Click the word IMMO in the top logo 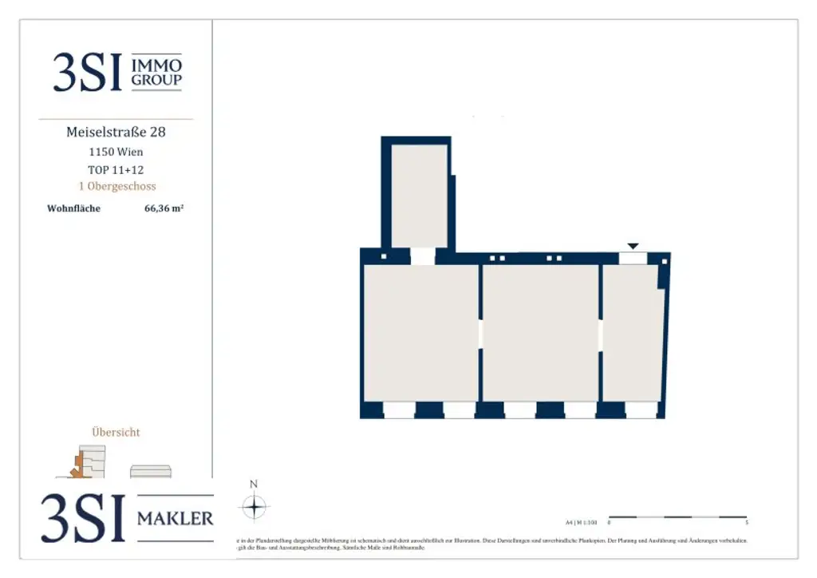156,65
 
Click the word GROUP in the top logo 156,80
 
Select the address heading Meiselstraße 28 116,132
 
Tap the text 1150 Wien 116,152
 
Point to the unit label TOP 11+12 116,169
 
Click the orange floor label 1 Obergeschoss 116,186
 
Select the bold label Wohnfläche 73,209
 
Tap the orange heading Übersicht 116,432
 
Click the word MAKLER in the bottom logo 176,519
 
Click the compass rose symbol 254,507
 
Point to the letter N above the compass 254,484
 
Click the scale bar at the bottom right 677,517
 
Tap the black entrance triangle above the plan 633,246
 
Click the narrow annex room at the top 419,196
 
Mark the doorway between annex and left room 422,257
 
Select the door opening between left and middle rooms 480,334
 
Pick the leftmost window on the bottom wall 398,410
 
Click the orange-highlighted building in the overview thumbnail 78,467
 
